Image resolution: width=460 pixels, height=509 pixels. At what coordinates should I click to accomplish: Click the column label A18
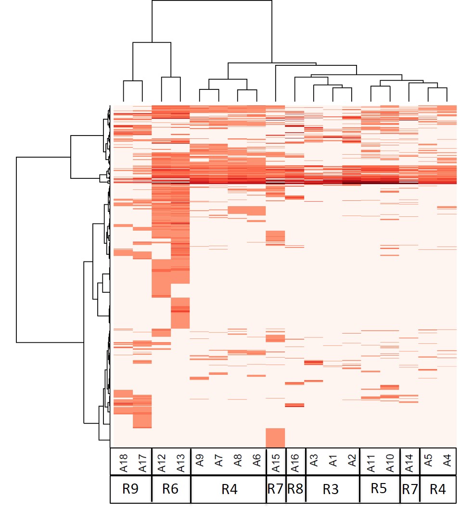(x=123, y=462)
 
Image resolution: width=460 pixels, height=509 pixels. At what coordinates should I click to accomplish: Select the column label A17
(x=142, y=462)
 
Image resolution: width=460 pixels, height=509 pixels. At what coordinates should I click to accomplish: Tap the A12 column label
(x=162, y=462)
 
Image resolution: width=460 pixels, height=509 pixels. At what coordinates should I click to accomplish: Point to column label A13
(x=180, y=462)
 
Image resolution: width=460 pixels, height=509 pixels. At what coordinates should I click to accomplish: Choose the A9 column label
(x=200, y=462)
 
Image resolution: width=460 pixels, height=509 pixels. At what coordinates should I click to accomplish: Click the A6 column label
(x=256, y=462)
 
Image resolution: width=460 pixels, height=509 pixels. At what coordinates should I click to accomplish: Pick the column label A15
(x=276, y=462)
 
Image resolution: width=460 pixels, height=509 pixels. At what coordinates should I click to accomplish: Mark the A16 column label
(x=294, y=462)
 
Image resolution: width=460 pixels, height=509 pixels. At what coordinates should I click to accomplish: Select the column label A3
(x=314, y=462)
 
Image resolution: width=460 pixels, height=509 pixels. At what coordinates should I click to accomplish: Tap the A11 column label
(x=371, y=462)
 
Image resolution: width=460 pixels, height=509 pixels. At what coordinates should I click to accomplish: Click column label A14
(x=409, y=462)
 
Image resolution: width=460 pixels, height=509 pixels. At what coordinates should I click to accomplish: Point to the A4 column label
(x=447, y=462)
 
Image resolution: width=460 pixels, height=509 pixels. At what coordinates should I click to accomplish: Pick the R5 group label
(x=379, y=489)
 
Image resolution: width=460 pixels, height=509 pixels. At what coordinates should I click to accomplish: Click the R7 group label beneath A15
(x=276, y=489)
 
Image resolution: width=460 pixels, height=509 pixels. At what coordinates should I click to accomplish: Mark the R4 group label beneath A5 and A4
(x=437, y=489)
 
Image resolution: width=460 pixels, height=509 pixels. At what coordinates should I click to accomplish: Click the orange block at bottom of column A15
(x=275, y=437)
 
